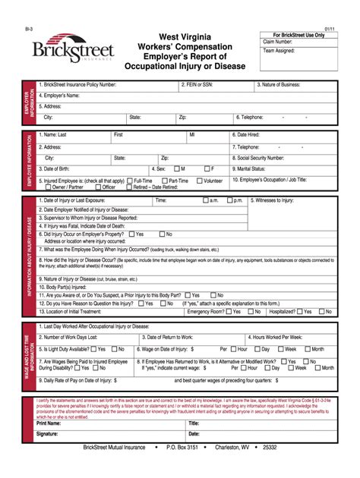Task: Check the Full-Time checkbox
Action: (130, 181)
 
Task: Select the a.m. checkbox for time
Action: (206, 200)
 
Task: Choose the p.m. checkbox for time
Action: (229, 200)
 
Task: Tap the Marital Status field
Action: (304, 168)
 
